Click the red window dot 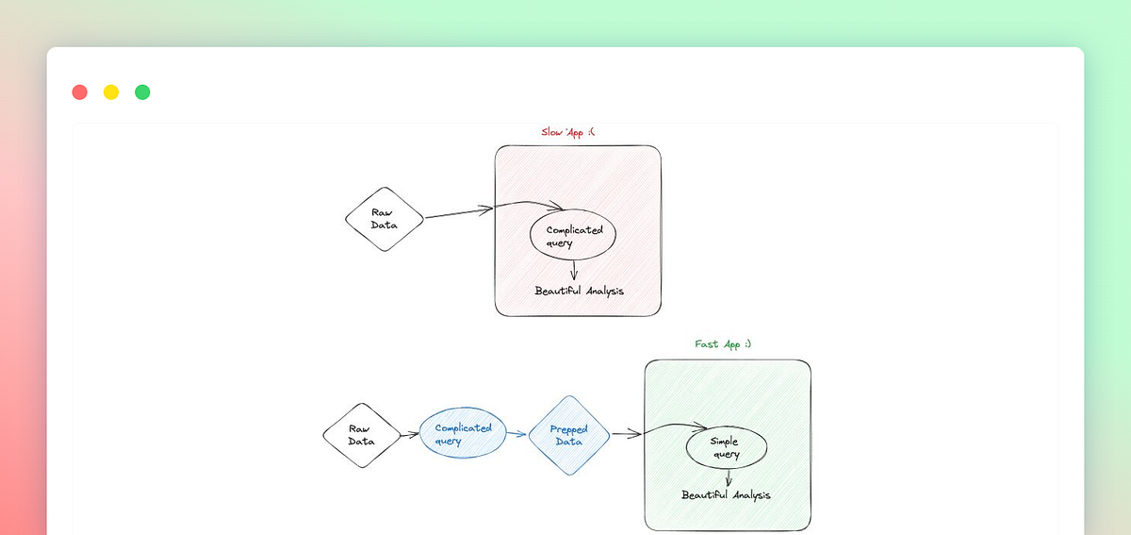click(80, 92)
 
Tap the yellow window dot click(111, 92)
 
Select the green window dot click(142, 92)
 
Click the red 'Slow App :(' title click(567, 132)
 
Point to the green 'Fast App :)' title click(723, 344)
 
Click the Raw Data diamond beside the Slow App click(384, 218)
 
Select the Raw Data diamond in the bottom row click(361, 435)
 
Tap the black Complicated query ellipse click(573, 236)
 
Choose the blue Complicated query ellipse click(463, 434)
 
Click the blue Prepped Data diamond click(568, 435)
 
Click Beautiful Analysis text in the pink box click(579, 291)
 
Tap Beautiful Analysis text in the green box click(726, 494)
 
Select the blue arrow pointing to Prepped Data click(516, 435)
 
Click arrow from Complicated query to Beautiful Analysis click(574, 270)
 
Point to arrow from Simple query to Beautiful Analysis click(728, 478)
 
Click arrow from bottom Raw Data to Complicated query click(409, 435)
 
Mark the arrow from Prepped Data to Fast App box click(626, 434)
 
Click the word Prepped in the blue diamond click(568, 429)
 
